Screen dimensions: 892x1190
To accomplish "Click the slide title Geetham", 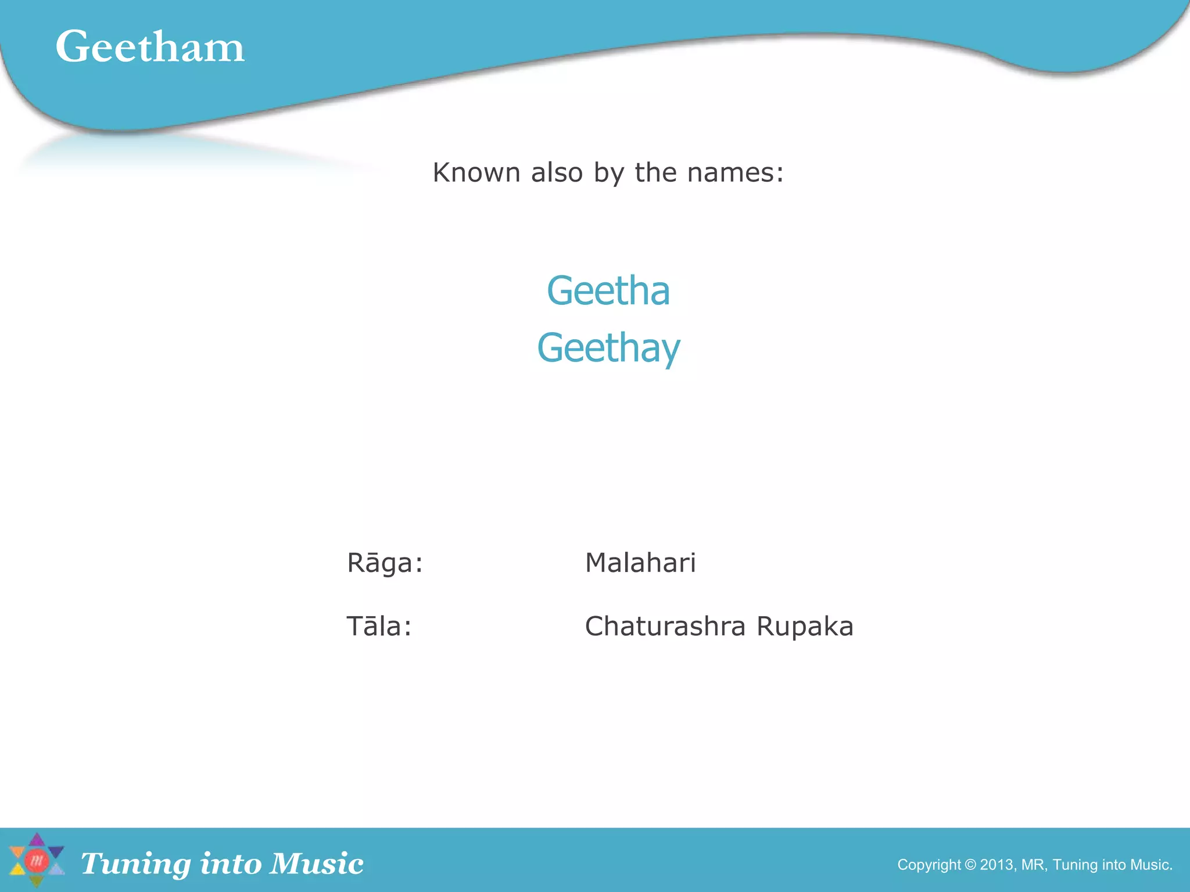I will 150,46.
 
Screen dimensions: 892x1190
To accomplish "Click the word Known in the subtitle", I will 476,172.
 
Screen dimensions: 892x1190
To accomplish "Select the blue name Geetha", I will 608,290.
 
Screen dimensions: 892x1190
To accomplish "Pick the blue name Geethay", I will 608,348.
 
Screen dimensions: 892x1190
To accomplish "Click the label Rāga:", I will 385,563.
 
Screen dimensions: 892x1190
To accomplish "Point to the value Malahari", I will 640,563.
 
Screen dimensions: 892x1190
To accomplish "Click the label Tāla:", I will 379,627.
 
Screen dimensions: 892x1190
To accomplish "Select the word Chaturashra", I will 665,627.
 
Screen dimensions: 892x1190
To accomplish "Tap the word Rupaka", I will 805,627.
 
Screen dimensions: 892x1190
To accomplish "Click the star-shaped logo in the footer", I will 37,861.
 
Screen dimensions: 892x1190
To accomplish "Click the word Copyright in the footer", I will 929,865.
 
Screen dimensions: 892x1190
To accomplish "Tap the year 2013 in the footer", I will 997,865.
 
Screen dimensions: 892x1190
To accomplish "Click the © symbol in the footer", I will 970,865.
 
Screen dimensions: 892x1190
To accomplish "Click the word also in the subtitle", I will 557,172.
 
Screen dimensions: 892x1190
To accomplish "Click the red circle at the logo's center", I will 37,861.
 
